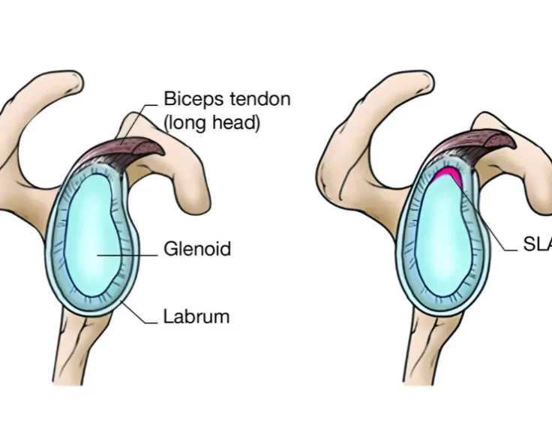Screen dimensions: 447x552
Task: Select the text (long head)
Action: [x=211, y=123]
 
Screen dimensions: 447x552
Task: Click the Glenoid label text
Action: [x=197, y=249]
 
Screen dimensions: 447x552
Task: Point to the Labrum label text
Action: [x=196, y=316]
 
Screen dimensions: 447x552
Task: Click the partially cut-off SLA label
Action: [x=537, y=244]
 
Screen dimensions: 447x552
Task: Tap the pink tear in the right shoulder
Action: [x=448, y=175]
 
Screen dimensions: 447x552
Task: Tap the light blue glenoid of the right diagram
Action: [x=442, y=240]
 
